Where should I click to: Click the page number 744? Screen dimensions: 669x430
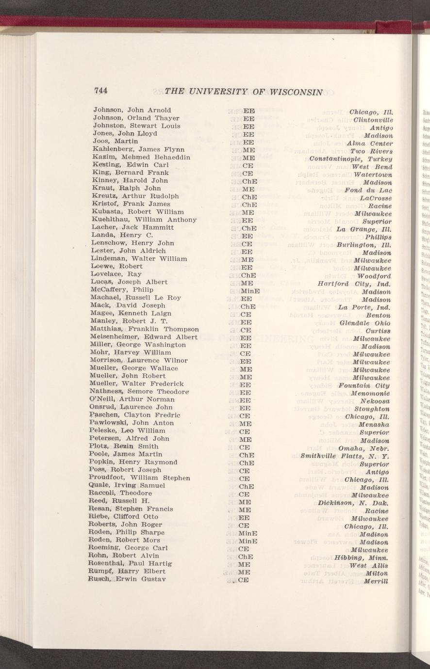click(x=100, y=91)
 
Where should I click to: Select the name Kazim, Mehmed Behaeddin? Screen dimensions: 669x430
click(x=141, y=157)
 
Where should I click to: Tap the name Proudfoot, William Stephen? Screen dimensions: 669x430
click(x=140, y=478)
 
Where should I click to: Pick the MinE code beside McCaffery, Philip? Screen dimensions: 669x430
click(x=250, y=290)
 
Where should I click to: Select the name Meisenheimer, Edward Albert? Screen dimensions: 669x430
click(x=144, y=337)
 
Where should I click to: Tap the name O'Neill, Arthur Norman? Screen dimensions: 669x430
click(x=132, y=399)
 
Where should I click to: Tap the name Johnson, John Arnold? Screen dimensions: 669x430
click(x=132, y=110)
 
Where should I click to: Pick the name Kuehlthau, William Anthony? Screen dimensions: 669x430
click(x=144, y=220)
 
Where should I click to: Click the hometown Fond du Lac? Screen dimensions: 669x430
click(x=367, y=190)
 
